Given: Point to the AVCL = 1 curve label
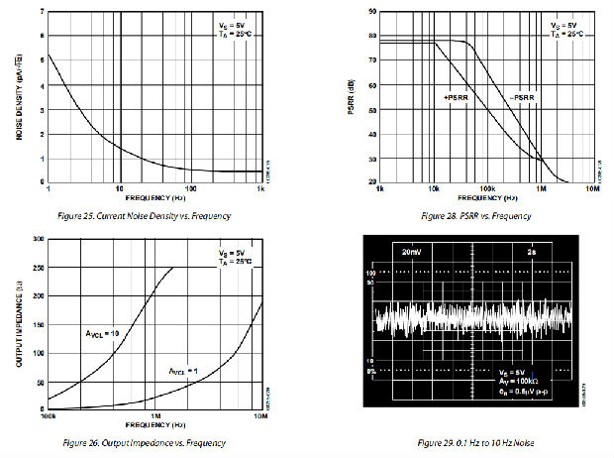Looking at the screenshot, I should pyautogui.click(x=184, y=370).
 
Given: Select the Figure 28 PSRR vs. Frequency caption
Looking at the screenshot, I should pyautogui.click(x=476, y=215).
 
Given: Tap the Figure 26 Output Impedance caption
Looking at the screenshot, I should pyautogui.click(x=141, y=442).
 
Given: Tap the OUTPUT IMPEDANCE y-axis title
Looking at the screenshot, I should pyautogui.click(x=19, y=323).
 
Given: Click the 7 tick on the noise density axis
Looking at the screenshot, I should pyautogui.click(x=42, y=12).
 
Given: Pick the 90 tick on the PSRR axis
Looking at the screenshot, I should pyautogui.click(x=372, y=12).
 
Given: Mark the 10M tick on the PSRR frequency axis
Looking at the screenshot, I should pyautogui.click(x=594, y=188).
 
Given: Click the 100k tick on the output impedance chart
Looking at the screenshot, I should pyautogui.click(x=48, y=416).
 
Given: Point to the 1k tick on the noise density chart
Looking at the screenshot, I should pyautogui.click(x=262, y=188).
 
